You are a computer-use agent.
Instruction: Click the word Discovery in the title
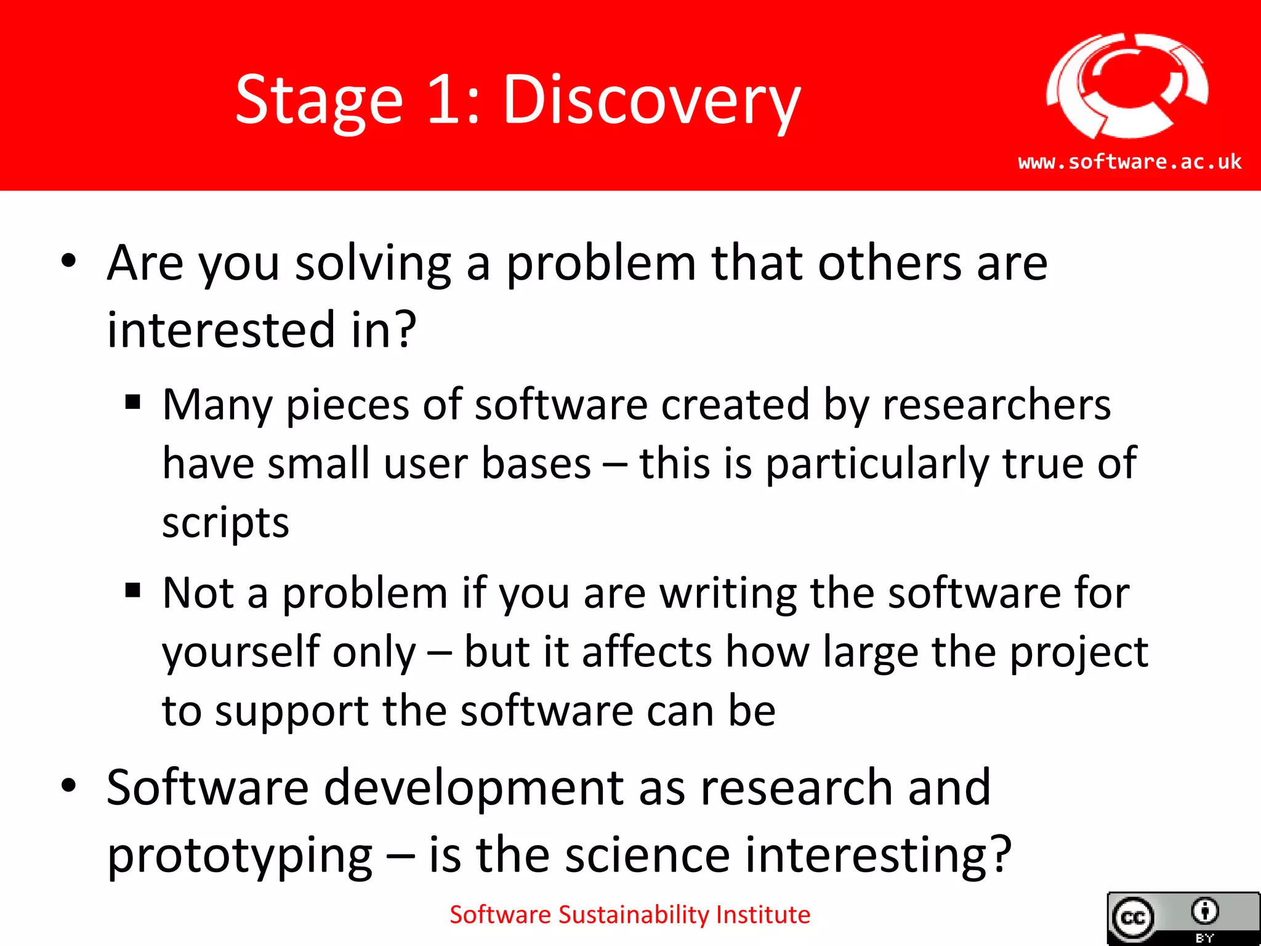651,100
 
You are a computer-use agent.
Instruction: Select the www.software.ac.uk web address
1129,162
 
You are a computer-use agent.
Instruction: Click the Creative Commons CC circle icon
1133,918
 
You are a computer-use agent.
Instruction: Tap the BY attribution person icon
1204,912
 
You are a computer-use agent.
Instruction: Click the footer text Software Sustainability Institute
629,915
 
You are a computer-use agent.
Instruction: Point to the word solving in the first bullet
373,264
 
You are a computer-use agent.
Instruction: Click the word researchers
996,405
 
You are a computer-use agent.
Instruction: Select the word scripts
225,524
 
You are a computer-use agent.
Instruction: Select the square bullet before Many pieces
133,403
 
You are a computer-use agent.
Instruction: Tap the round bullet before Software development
69,785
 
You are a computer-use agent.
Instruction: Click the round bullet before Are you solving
69,261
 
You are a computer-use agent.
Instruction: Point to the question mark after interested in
405,329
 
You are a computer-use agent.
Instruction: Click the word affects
647,652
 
